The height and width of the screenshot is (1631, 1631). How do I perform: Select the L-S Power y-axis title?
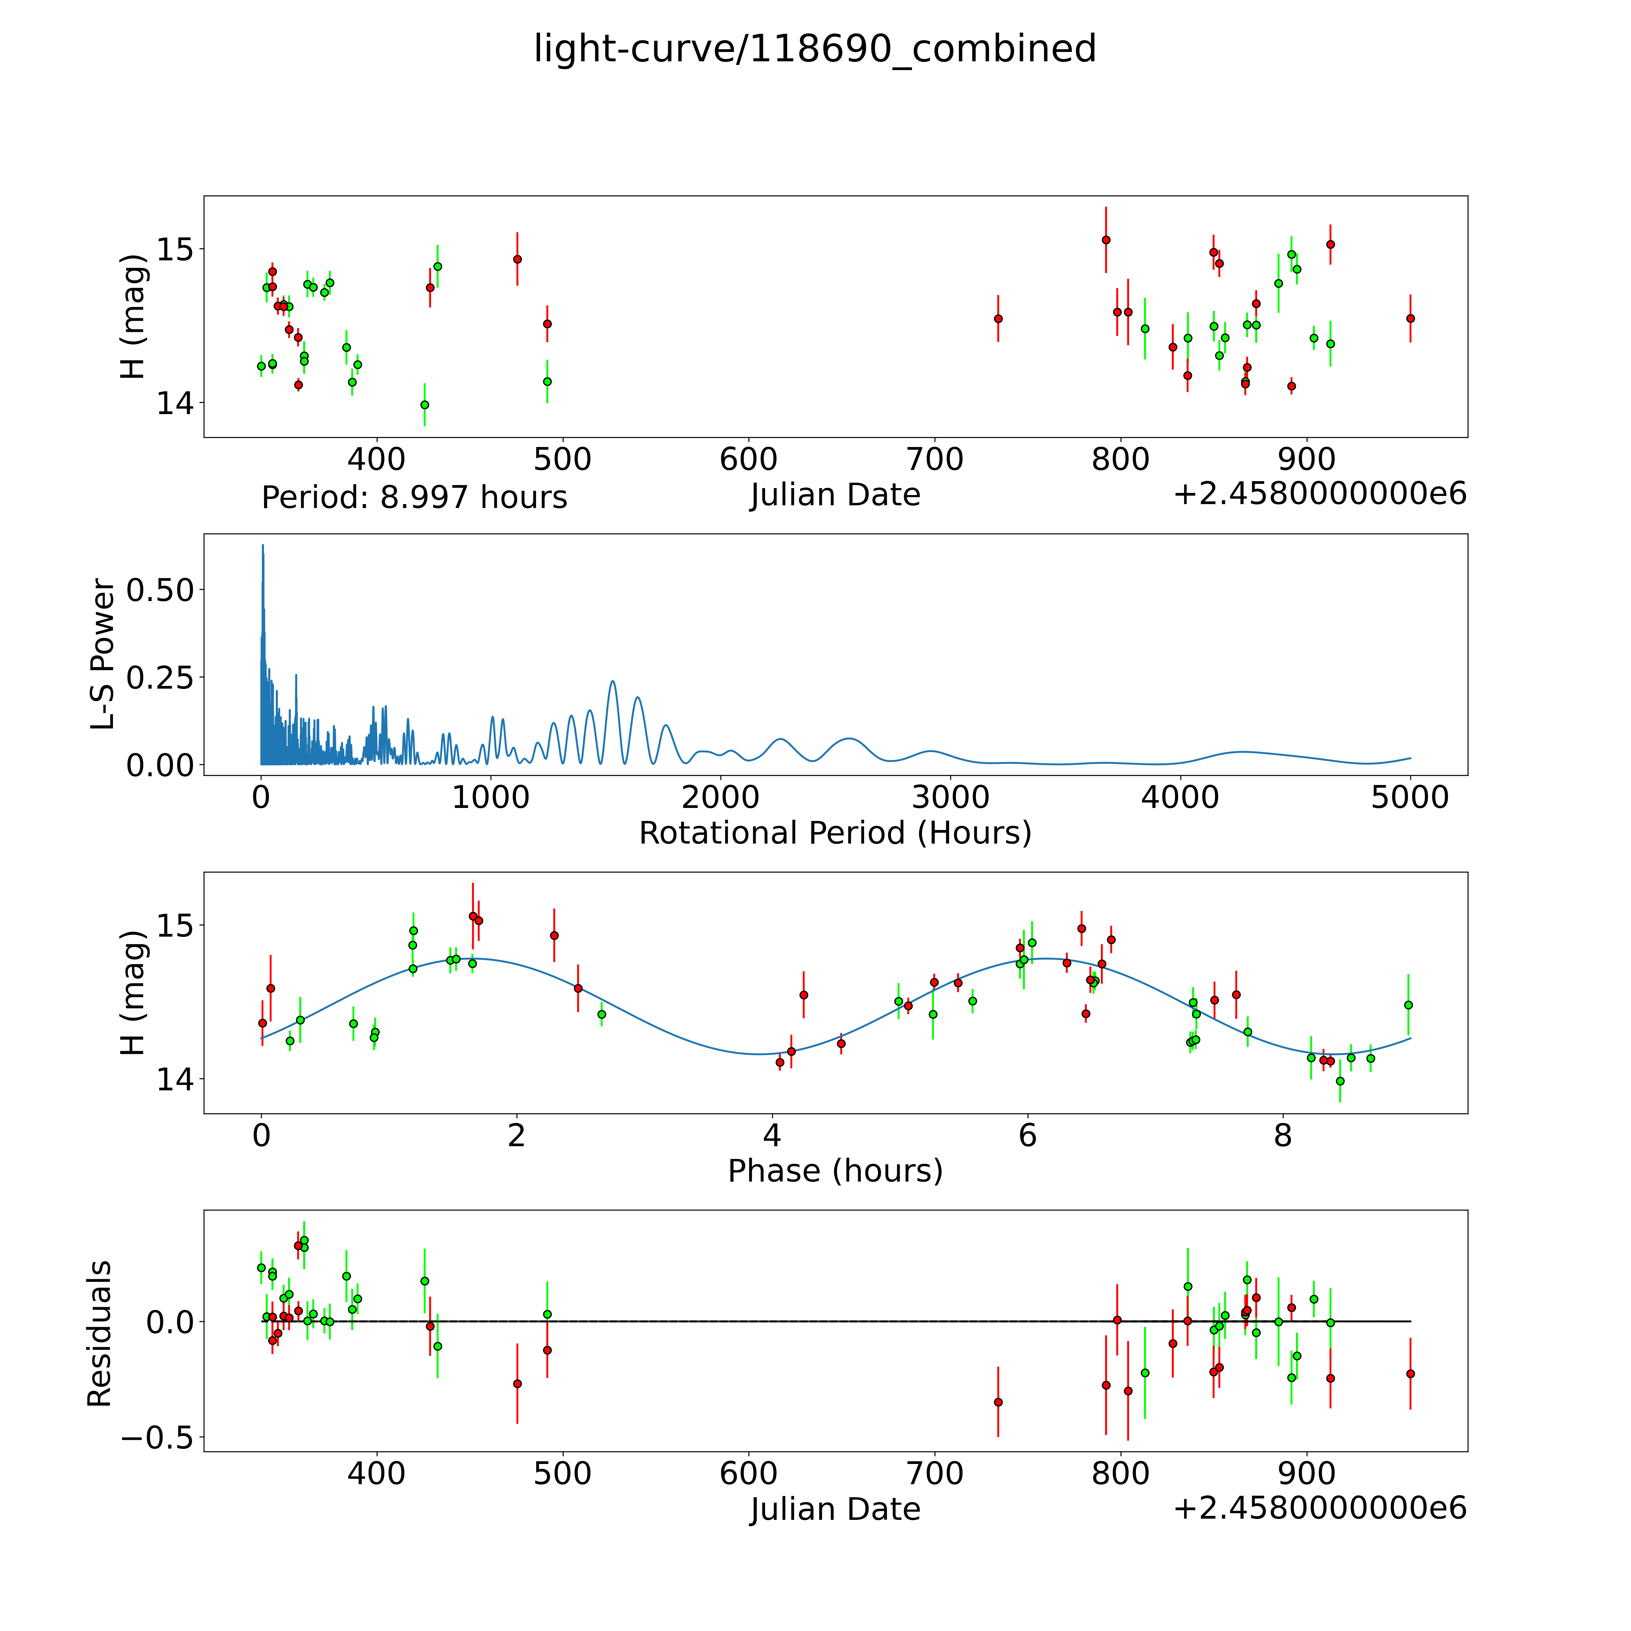point(103,654)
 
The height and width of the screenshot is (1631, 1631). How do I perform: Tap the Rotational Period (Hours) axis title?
point(835,833)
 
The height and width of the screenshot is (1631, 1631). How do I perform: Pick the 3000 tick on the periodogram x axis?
point(951,797)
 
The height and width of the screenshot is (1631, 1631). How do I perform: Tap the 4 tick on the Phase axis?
point(772,1135)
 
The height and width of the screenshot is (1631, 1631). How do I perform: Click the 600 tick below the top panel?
point(748,459)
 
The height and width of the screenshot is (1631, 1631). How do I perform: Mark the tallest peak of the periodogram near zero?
point(262,545)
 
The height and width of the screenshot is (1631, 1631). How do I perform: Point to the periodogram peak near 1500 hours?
point(612,681)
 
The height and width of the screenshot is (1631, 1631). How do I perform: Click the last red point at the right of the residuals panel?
point(1410,1374)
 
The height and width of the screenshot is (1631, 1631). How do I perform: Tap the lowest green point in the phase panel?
point(1340,1081)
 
